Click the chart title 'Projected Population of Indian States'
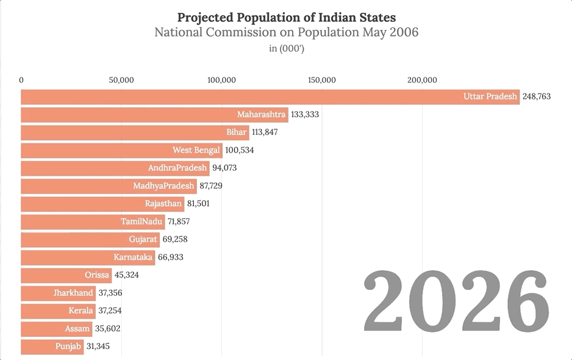(x=286, y=16)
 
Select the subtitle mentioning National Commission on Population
(x=286, y=32)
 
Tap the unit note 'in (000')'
(x=286, y=49)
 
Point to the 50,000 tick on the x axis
(x=121, y=80)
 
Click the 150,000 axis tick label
(x=321, y=80)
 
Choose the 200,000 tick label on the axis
(x=422, y=80)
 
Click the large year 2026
(x=456, y=303)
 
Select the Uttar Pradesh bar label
(x=490, y=97)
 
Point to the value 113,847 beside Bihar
(x=265, y=132)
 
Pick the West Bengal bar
(x=122, y=150)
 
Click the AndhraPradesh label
(x=177, y=168)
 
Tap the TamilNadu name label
(x=141, y=221)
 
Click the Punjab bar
(x=52, y=347)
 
